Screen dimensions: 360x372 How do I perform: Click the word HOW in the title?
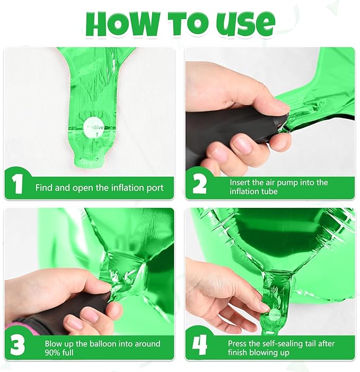pos(122,23)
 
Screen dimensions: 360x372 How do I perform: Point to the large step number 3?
pos(17,345)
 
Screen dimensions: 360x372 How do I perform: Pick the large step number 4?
pos(199,345)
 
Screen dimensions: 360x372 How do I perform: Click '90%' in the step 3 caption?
pos(52,352)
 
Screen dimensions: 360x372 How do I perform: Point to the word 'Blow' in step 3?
pos(53,343)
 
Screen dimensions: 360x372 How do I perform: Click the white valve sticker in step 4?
pos(275,315)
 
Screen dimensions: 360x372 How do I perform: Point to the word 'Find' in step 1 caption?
pos(44,188)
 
